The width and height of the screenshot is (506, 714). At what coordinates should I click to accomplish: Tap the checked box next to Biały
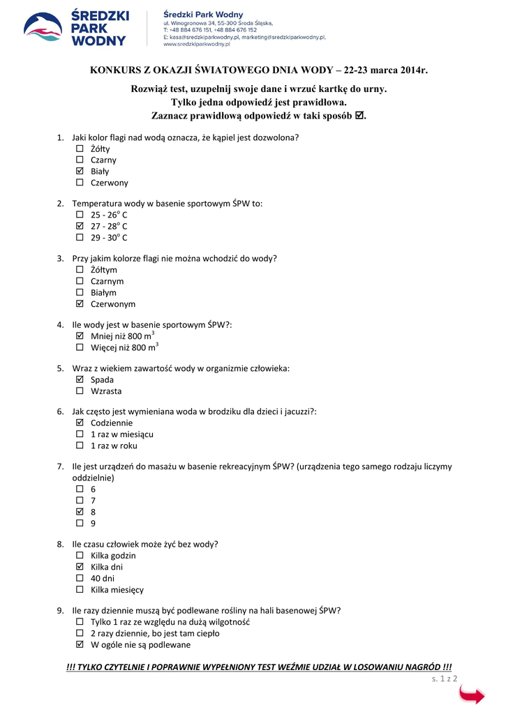tap(79, 171)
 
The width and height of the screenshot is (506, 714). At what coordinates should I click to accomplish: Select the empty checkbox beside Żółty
tap(79, 149)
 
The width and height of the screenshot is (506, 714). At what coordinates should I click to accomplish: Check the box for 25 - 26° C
tap(79, 215)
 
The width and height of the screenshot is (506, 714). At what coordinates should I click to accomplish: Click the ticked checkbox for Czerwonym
tap(79, 304)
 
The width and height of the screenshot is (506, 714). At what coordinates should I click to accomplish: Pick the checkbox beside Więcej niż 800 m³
tap(79, 347)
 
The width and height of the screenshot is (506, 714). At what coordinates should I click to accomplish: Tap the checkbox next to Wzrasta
tap(79, 391)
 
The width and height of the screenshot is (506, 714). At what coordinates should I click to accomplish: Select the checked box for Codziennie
tap(79, 423)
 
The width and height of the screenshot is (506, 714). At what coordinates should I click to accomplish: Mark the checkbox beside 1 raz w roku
tap(79, 446)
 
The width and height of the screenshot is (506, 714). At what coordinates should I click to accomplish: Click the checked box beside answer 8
tap(79, 512)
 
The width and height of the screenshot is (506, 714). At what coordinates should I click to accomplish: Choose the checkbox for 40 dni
tap(79, 578)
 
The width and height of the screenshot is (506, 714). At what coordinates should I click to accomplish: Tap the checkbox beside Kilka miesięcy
tap(79, 589)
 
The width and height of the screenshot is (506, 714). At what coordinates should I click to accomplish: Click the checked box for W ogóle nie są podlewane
tap(79, 645)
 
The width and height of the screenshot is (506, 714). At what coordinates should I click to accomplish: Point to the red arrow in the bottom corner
tap(472, 695)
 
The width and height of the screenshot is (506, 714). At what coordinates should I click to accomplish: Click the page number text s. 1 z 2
tap(444, 678)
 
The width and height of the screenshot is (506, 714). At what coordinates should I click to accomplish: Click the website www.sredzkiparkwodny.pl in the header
tap(197, 44)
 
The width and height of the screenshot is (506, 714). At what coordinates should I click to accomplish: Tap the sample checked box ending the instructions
tap(359, 115)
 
